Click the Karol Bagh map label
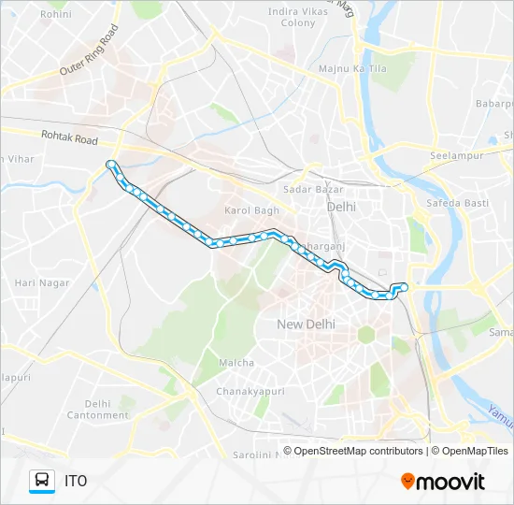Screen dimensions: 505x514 pos(251,210)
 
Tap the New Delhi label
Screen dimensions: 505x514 pos(306,324)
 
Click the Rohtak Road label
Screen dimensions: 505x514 pos(68,138)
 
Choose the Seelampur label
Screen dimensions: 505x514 pos(454,155)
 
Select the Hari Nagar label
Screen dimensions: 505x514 pos(36,281)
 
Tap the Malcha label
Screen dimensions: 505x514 pos(236,362)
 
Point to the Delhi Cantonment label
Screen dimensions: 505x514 pos(97,409)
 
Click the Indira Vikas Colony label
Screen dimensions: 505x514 pos(292,17)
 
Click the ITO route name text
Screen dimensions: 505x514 pos(76,482)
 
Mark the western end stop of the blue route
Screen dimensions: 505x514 pos(111,165)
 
